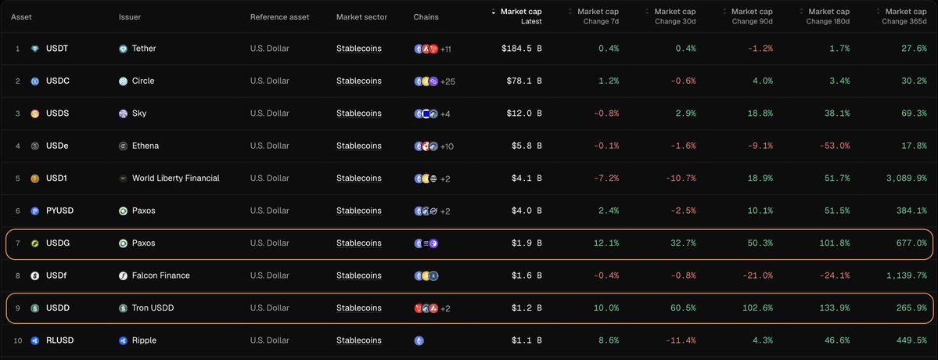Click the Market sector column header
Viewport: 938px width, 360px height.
point(361,17)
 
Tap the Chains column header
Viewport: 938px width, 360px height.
point(426,17)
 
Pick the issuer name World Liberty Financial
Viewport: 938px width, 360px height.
point(175,178)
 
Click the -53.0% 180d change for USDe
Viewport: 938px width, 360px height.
point(834,146)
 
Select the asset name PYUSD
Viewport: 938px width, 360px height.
point(59,211)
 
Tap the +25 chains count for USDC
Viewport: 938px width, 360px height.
point(449,81)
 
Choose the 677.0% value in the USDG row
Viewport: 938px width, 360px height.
point(911,243)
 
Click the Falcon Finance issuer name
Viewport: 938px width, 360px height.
point(160,275)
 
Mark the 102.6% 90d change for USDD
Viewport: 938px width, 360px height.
point(757,308)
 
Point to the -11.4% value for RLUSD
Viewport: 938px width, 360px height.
point(679,340)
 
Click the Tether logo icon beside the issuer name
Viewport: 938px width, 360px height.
point(123,49)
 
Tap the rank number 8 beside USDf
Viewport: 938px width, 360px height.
point(17,275)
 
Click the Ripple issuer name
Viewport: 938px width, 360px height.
point(145,340)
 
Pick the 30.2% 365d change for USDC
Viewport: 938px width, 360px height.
point(914,81)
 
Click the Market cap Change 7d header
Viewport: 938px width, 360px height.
point(598,16)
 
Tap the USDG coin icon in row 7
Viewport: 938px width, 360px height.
point(34,243)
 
